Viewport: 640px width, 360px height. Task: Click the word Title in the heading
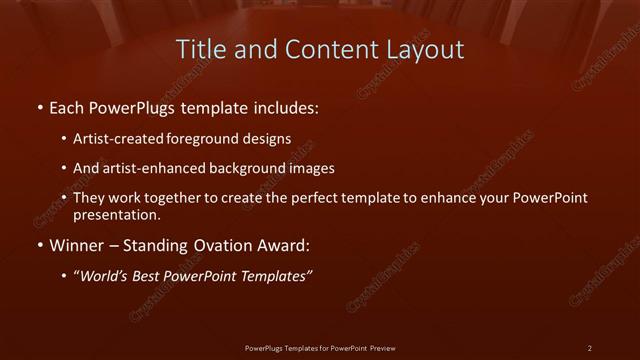[198, 49]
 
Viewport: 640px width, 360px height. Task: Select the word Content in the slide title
[324, 49]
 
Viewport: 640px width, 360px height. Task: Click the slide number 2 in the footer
[590, 347]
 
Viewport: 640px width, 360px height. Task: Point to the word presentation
[116, 214]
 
